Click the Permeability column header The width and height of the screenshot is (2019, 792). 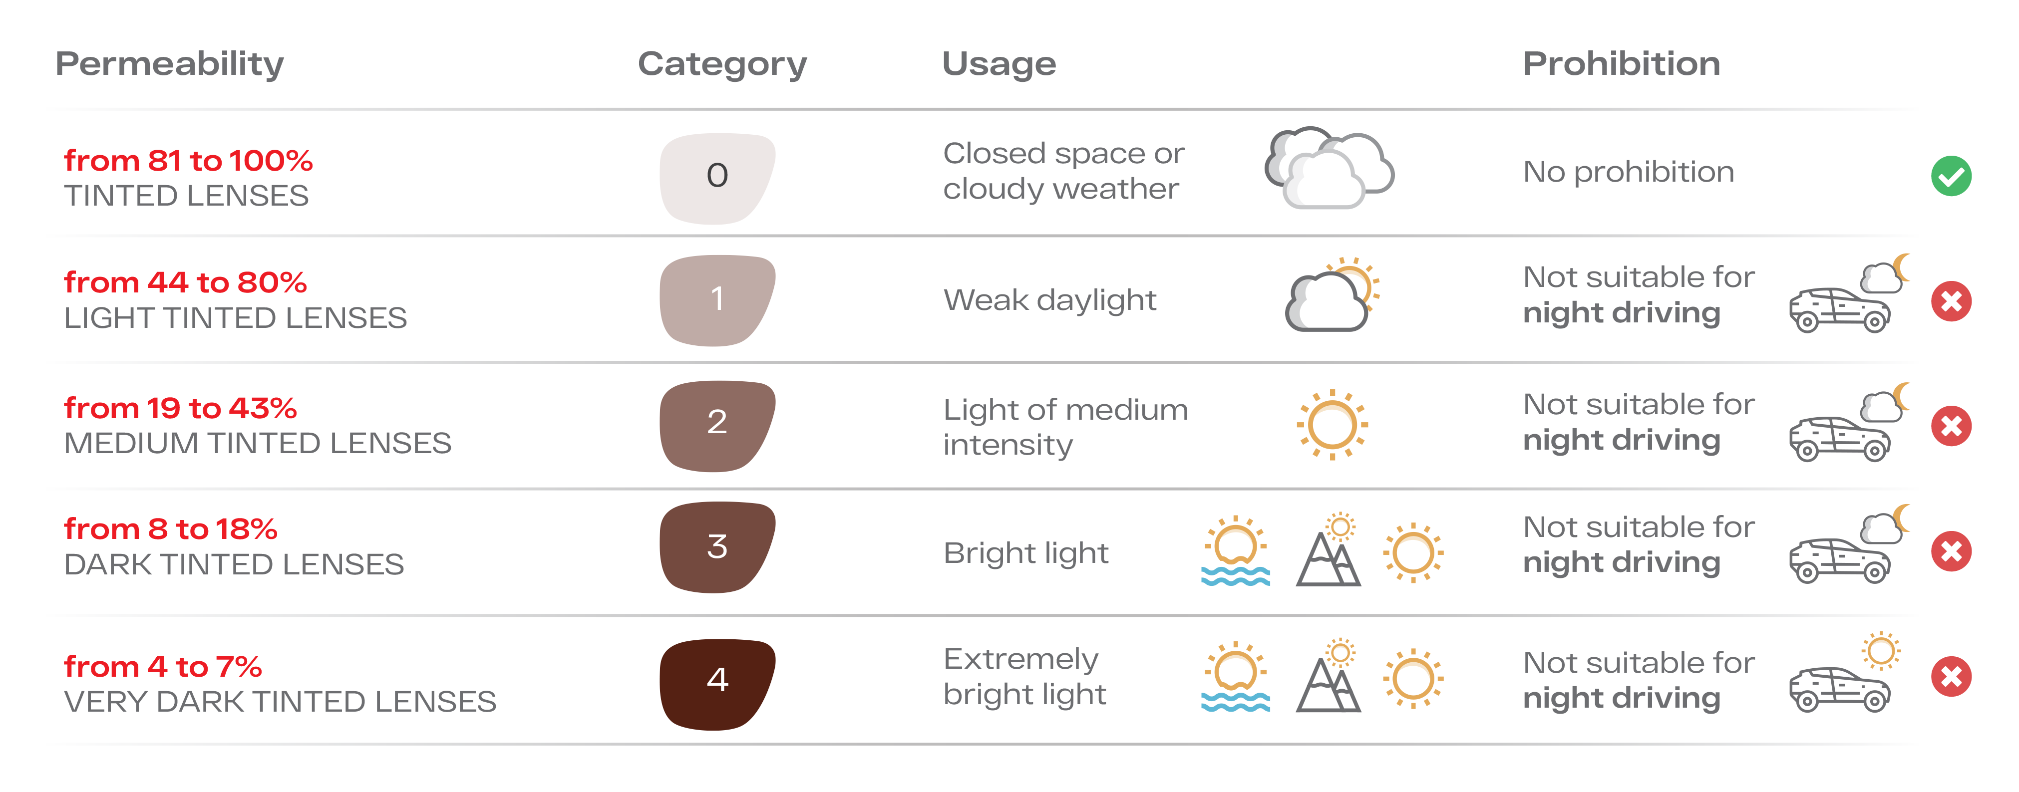169,64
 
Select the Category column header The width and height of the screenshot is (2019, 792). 722,64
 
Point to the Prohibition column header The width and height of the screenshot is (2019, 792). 1621,64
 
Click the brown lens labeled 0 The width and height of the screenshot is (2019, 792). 717,177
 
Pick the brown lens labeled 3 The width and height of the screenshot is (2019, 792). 717,547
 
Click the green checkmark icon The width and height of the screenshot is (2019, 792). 1951,176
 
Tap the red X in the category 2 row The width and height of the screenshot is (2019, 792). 1951,426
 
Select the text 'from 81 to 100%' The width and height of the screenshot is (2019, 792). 188,161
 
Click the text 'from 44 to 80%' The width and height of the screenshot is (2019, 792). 185,282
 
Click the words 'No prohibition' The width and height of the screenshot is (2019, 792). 1628,172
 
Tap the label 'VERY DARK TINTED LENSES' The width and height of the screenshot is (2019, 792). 280,702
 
